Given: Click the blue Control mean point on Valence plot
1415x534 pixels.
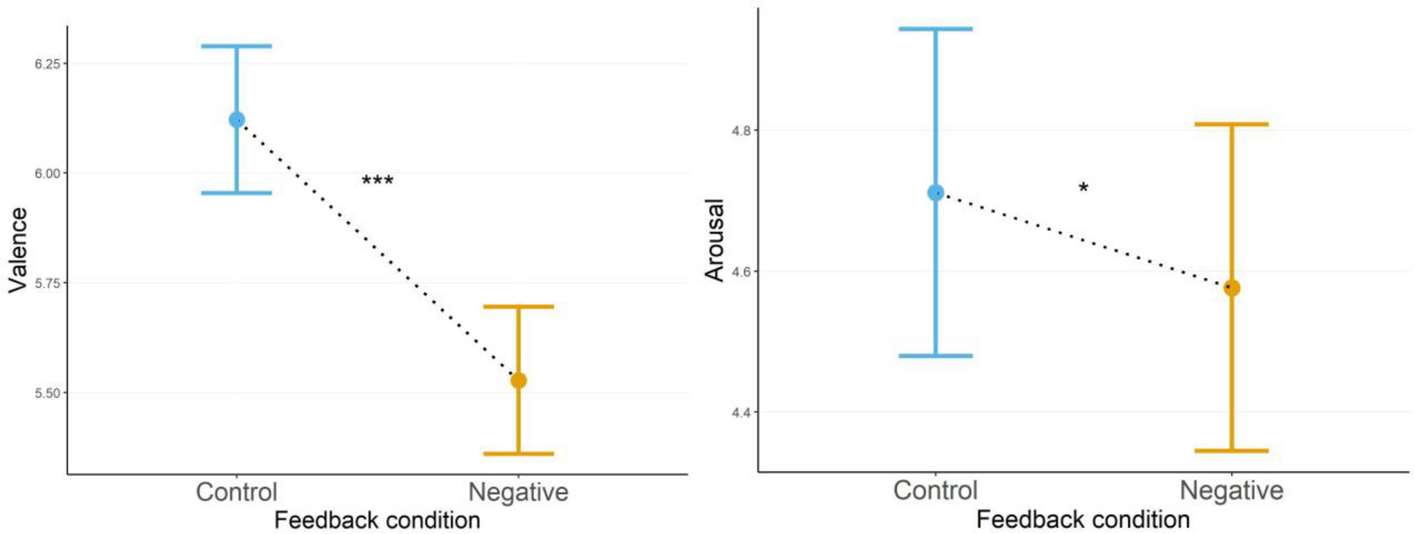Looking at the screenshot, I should pyautogui.click(x=237, y=120).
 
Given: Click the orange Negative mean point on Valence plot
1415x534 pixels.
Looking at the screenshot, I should pyautogui.click(x=518, y=381).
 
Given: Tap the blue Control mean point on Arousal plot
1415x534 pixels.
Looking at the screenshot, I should pyautogui.click(x=935, y=193).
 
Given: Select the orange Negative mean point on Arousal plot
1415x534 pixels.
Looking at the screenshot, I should pyautogui.click(x=1232, y=288).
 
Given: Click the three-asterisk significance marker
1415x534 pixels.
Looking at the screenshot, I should pyautogui.click(x=377, y=181).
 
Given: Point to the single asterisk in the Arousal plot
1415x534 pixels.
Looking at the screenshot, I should pyautogui.click(x=1083, y=189).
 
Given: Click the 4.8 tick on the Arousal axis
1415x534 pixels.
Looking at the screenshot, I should pyautogui.click(x=743, y=130).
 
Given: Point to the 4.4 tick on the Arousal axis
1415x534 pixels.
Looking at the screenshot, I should pyautogui.click(x=743, y=412).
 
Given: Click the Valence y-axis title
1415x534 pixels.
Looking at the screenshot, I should pyautogui.click(x=18, y=249).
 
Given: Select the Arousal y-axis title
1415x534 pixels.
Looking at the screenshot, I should pyautogui.click(x=715, y=240).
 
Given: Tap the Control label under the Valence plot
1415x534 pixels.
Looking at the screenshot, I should pyautogui.click(x=237, y=492).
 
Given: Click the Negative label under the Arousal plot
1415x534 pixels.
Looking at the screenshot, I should pyautogui.click(x=1232, y=490).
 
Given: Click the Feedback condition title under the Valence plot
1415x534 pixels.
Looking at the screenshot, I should pyautogui.click(x=377, y=520).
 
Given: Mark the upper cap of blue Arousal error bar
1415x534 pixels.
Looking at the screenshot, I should pyautogui.click(x=935, y=29).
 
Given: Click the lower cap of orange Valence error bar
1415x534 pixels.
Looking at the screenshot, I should pyautogui.click(x=518, y=454).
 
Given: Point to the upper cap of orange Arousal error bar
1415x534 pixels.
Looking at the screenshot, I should pyautogui.click(x=1232, y=124).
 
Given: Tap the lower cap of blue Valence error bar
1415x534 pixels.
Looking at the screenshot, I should pyautogui.click(x=237, y=193).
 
